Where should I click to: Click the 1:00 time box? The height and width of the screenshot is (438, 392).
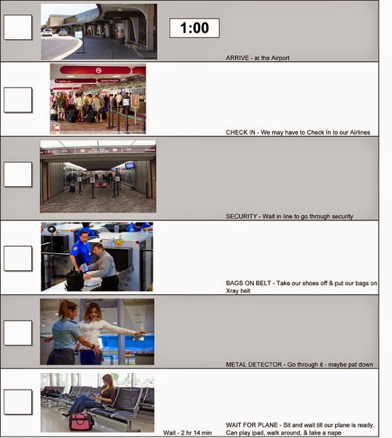pos(195,28)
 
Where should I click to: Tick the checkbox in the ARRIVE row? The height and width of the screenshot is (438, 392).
pos(18,27)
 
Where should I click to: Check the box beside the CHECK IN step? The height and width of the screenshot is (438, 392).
pos(18,100)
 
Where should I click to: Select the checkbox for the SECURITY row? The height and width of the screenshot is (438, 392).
pos(18,174)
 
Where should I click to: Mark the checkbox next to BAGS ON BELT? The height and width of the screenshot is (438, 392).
pos(18,258)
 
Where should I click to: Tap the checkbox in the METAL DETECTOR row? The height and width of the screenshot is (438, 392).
pos(18,333)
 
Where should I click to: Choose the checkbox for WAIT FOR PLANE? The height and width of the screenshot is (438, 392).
pos(18,402)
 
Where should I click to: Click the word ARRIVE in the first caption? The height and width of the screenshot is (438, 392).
pos(237,58)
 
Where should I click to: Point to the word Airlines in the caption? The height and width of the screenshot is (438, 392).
pos(360,132)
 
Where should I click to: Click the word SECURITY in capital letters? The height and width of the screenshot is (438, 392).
pos(241,216)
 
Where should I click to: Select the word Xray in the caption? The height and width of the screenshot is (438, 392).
pos(232,291)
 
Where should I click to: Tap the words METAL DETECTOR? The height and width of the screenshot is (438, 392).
pos(254,365)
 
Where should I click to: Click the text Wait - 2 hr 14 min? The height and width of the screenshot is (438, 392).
pos(187,433)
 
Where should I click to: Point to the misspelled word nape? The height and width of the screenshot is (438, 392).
pos(334,433)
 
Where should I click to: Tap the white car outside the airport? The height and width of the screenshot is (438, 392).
pos(47,32)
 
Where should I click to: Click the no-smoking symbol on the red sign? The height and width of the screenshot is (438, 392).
pos(99,70)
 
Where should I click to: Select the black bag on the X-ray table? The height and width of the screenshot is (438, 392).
pos(75,280)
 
